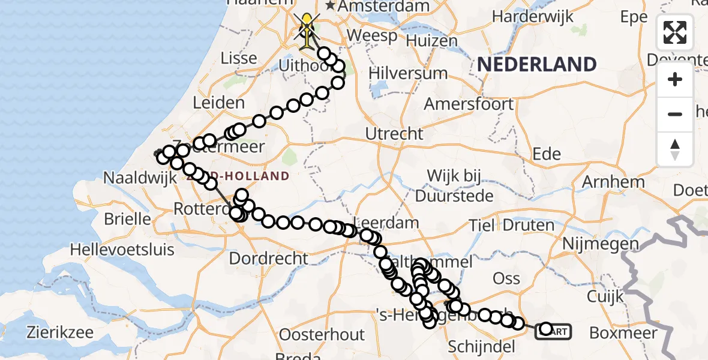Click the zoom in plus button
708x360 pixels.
(675, 80)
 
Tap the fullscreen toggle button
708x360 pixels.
(675, 32)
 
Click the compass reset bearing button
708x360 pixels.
(675, 149)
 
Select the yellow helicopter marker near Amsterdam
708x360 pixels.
(307, 29)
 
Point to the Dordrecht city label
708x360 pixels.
(269, 259)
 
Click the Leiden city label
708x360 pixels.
(218, 103)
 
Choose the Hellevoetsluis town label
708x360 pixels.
(122, 248)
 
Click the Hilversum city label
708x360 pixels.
(408, 73)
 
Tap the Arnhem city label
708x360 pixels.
(613, 181)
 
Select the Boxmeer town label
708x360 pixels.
(623, 332)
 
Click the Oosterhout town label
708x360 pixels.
(322, 334)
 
